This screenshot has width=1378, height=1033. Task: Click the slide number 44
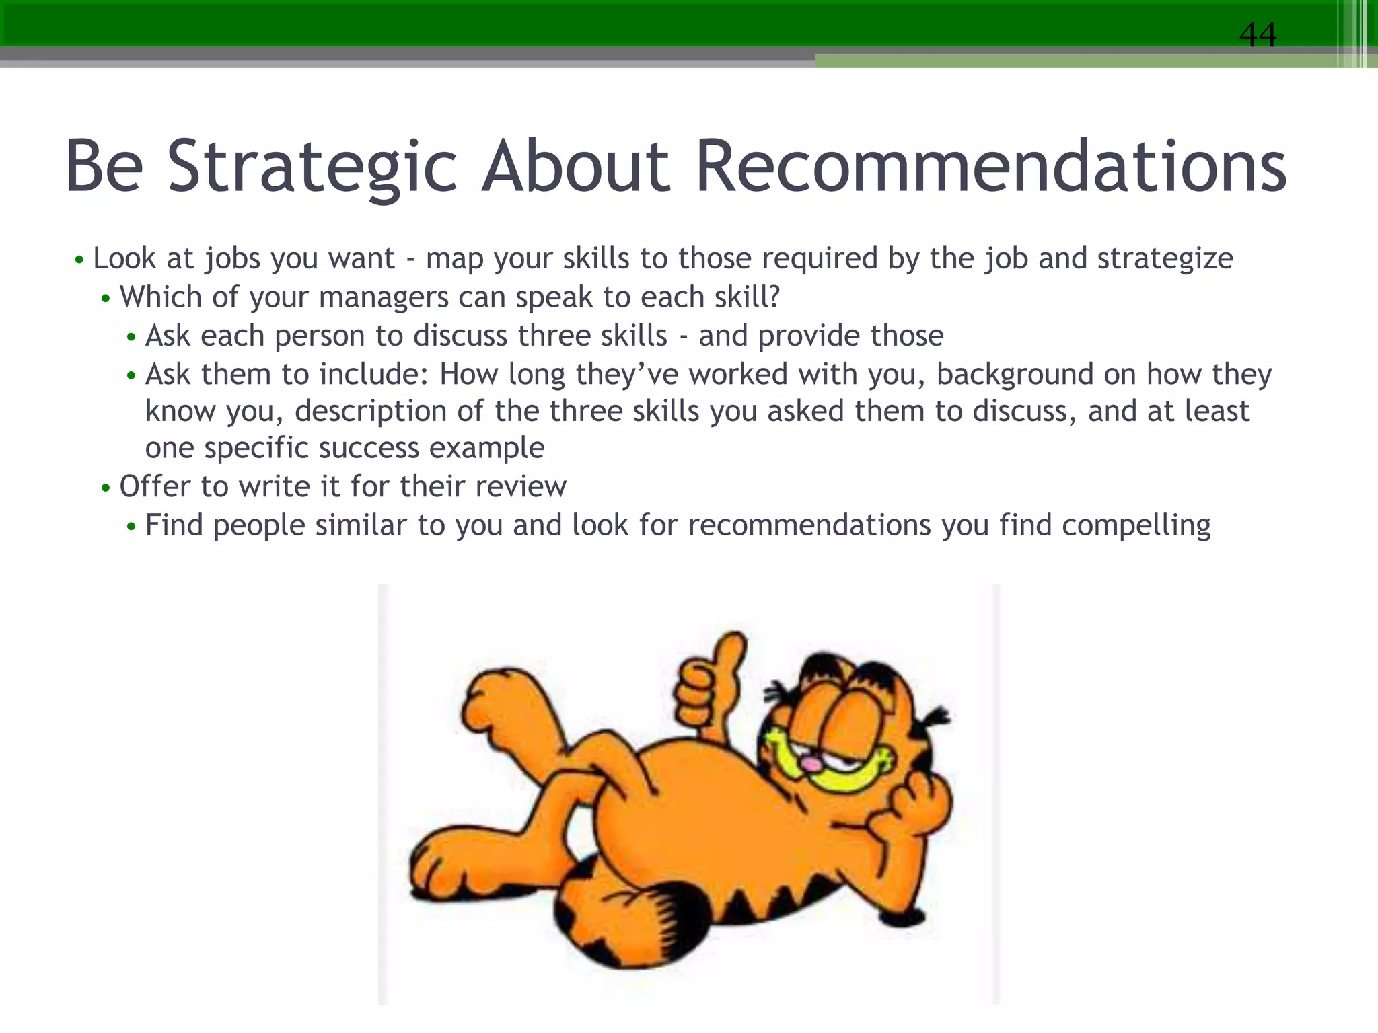click(x=1257, y=35)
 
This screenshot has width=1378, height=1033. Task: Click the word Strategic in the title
click(x=312, y=166)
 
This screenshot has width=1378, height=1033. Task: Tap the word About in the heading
click(x=576, y=166)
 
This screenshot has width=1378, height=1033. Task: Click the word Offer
click(x=154, y=486)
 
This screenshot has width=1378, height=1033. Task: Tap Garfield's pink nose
click(x=812, y=765)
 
